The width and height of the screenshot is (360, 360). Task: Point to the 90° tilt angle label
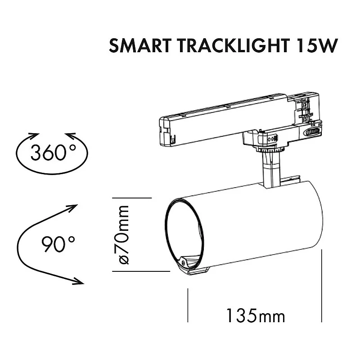click(x=58, y=245)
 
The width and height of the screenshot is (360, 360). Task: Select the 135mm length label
click(x=255, y=315)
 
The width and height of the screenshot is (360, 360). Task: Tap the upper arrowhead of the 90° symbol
click(x=73, y=208)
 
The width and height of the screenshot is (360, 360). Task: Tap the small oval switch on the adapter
click(x=312, y=131)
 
